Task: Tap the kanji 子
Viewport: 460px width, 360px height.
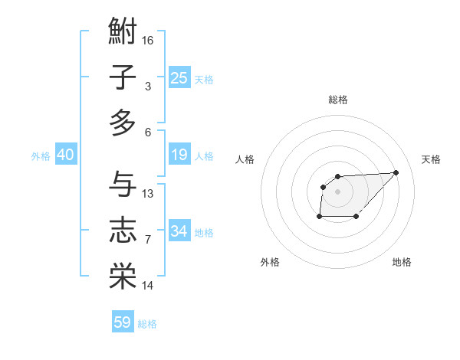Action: coord(123,77)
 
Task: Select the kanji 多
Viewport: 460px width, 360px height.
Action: coord(123,123)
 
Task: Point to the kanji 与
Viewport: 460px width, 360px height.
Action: coord(123,184)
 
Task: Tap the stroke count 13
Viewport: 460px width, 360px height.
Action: coord(148,193)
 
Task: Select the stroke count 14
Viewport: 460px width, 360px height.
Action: coord(148,286)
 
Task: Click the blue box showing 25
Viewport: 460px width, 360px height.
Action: coord(179,77)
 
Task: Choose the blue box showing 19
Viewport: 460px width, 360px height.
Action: coord(179,155)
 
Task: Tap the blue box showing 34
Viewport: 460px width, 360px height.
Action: coord(179,231)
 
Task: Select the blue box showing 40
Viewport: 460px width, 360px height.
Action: coord(65,155)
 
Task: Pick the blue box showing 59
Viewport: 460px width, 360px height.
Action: coord(123,322)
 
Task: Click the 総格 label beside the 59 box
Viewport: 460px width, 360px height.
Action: coord(147,324)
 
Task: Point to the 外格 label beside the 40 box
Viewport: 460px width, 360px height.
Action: coord(41,156)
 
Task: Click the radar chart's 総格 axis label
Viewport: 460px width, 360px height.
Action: coord(338,100)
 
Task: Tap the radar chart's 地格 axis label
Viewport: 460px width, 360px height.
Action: coord(402,262)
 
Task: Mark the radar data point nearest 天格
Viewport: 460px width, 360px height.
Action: coord(396,172)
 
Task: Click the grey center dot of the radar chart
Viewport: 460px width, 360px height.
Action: coord(338,191)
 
